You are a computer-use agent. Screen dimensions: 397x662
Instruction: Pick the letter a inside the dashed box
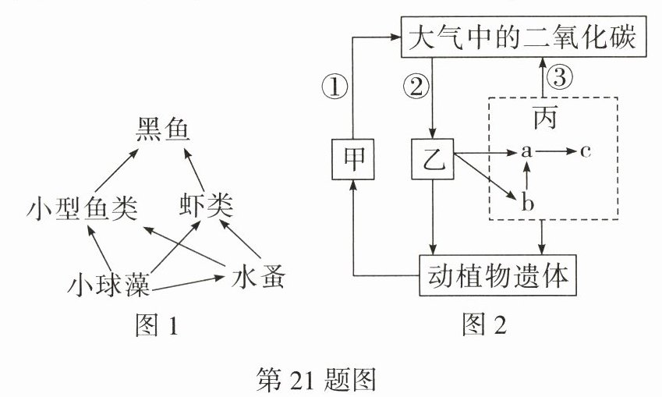(x=527, y=151)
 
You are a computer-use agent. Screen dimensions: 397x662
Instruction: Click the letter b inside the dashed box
(x=527, y=204)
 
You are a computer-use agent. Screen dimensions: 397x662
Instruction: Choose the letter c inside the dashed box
(x=585, y=151)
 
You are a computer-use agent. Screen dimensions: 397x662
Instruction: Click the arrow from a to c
(x=555, y=151)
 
